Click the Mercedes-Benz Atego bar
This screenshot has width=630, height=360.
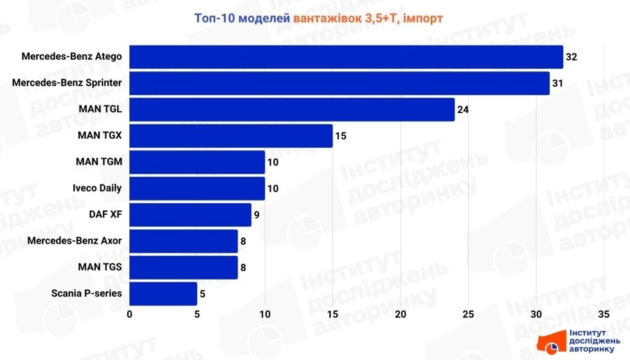[x=346, y=57]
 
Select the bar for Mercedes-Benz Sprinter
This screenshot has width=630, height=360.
[x=339, y=83]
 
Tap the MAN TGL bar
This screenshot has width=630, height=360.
[x=292, y=109]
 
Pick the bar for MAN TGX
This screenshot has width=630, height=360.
[x=231, y=136]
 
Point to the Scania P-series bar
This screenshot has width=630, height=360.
[x=163, y=294]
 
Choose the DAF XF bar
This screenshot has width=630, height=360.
[x=190, y=215]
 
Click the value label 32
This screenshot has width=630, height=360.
[x=571, y=57]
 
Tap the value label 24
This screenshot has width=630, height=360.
[x=463, y=109]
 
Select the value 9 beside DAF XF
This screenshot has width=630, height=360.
[x=256, y=215]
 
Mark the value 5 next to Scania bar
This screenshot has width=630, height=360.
[x=203, y=294]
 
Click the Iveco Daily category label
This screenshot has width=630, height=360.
[x=97, y=188]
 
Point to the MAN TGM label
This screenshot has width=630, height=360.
[x=99, y=162]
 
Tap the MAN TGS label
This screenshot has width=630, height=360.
[x=100, y=267]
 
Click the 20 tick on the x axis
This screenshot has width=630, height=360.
[x=401, y=314]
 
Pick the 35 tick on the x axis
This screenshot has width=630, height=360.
[x=603, y=314]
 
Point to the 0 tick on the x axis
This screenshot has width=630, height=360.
[x=130, y=314]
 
